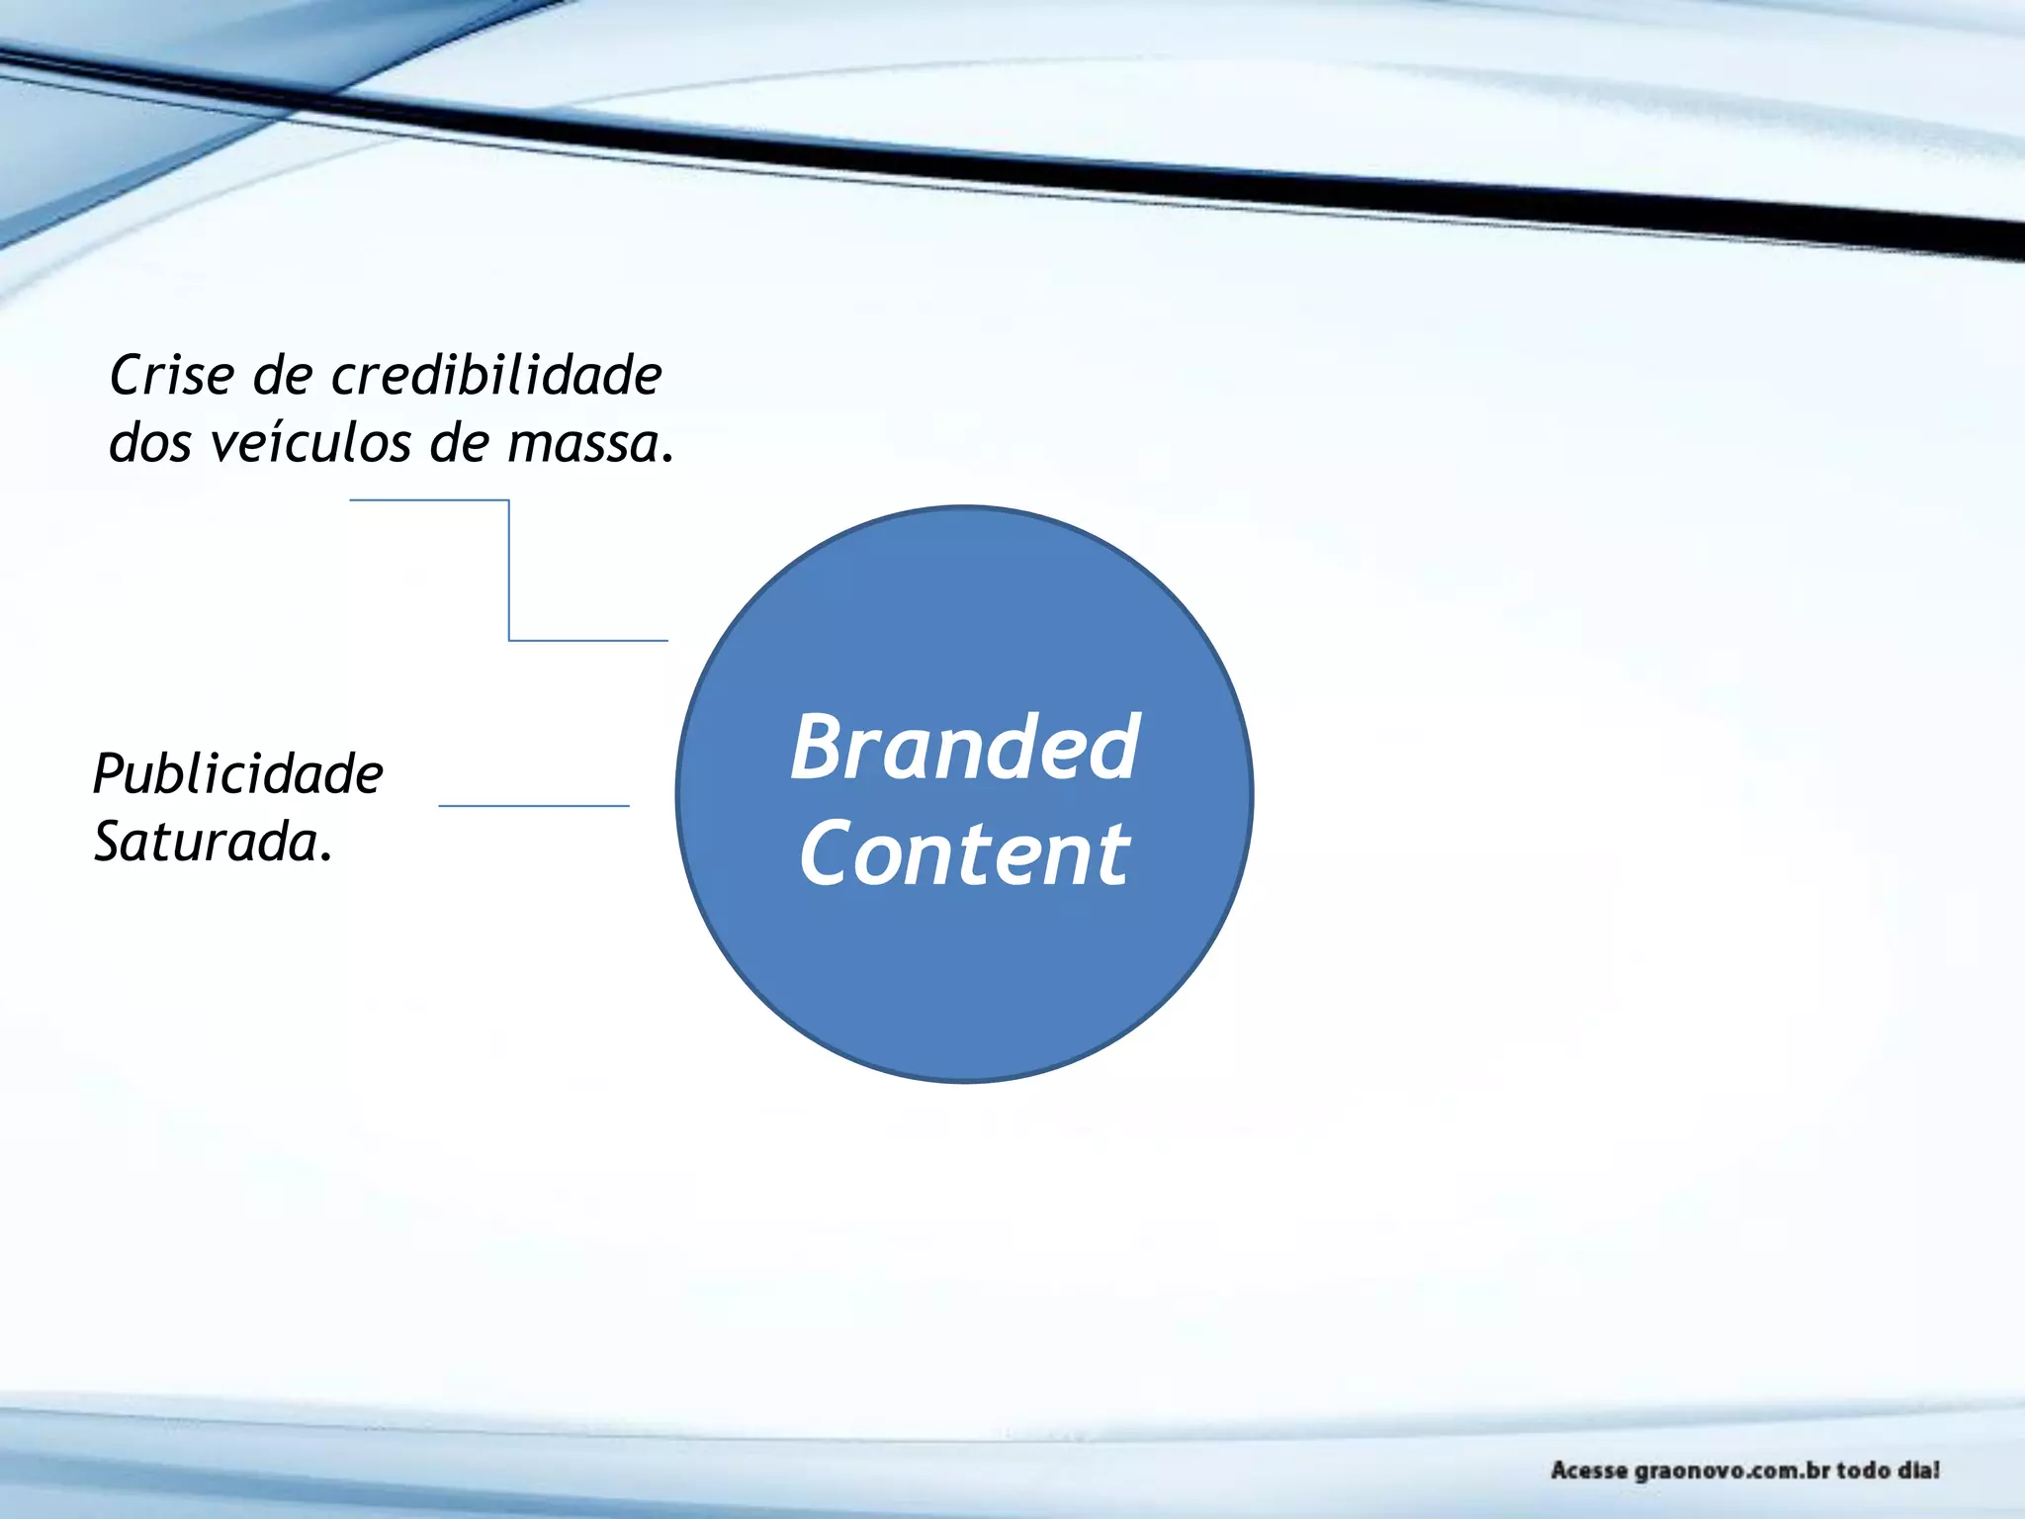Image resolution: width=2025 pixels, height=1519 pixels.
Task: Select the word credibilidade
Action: tap(496, 376)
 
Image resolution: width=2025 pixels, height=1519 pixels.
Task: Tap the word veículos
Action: tap(312, 443)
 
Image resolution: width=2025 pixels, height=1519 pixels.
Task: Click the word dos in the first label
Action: tap(149, 443)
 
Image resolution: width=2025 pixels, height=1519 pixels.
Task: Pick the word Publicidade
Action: tap(237, 774)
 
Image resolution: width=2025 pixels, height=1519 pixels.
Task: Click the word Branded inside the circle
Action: tap(965, 749)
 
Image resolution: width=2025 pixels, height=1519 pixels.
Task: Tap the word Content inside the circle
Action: tap(965, 853)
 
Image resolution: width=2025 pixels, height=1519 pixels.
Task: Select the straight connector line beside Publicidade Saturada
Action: tap(534, 806)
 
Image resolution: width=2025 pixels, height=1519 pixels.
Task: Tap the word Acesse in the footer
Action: tap(1589, 1471)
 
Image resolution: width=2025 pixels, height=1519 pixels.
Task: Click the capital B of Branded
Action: tap(821, 749)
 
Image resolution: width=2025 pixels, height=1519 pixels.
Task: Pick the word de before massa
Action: tap(459, 443)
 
